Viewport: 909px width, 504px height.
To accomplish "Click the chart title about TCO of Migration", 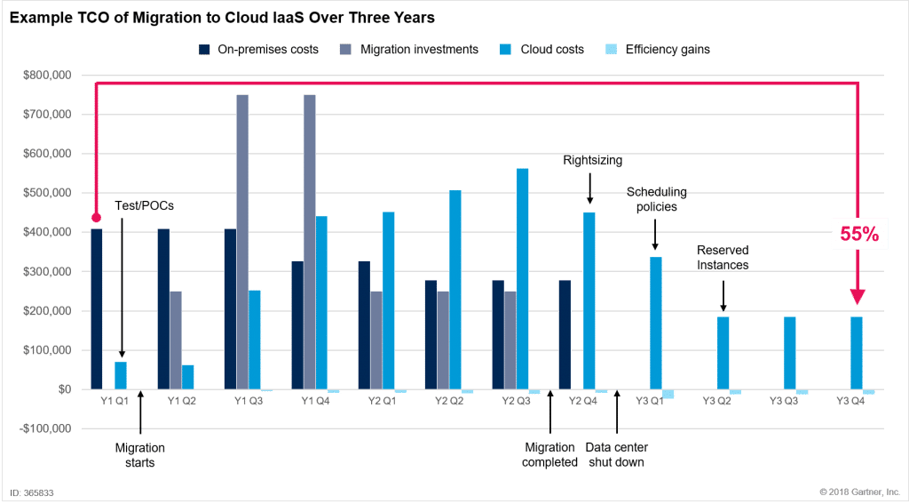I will point(222,18).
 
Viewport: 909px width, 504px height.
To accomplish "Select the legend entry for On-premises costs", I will point(253,50).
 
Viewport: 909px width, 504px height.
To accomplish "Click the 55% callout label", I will point(859,234).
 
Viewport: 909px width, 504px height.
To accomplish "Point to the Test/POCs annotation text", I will point(144,205).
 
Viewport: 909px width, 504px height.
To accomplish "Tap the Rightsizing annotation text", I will point(593,161).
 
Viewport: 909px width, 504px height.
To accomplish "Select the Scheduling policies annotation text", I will point(657,199).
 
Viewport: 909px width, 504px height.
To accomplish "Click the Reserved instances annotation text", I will point(723,259).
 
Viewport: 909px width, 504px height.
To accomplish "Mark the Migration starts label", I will point(139,454).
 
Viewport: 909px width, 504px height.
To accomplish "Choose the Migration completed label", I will point(550,454).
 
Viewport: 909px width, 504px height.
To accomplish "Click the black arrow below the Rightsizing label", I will point(589,190).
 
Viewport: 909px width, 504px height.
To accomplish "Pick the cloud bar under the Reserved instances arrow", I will point(723,352).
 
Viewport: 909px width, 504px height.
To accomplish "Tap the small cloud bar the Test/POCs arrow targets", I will point(121,375).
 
